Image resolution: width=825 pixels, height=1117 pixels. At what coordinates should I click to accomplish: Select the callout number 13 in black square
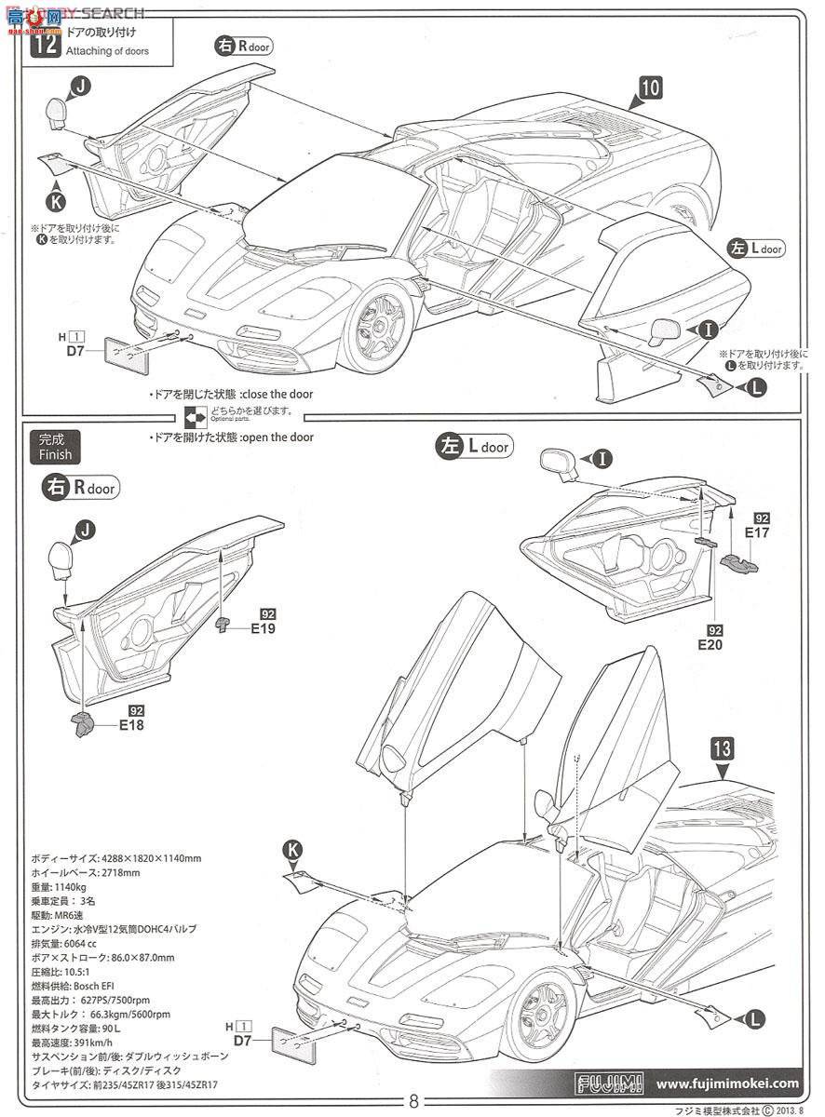coord(724,747)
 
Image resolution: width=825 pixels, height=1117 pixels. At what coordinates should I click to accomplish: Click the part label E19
coord(264,628)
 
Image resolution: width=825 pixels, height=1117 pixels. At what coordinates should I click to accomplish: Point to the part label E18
coord(130,723)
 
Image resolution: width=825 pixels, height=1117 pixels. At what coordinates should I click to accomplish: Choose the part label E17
coord(756,532)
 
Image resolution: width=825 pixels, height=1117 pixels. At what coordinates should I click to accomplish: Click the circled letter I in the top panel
coord(707,328)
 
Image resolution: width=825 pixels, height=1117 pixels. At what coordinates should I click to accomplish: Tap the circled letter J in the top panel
coord(81,87)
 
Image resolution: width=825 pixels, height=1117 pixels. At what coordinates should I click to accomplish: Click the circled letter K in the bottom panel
coord(292,849)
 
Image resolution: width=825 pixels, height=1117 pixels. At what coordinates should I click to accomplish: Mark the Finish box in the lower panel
coord(55,448)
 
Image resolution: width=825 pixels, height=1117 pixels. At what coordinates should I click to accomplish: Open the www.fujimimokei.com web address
coord(726,1083)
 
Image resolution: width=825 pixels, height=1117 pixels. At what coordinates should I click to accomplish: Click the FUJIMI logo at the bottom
coord(606,1083)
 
